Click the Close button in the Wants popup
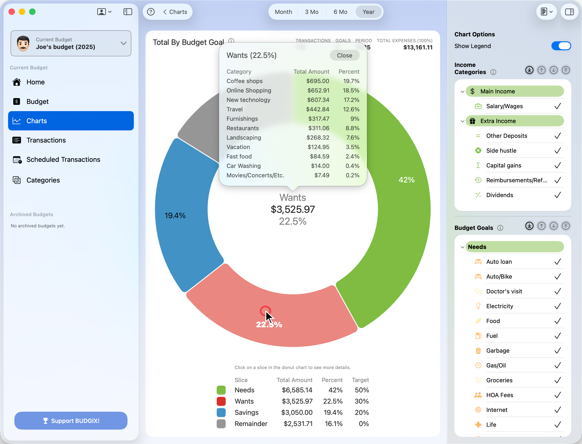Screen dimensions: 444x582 point(344,55)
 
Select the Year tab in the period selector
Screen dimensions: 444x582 point(368,12)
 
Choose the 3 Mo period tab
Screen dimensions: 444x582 point(311,12)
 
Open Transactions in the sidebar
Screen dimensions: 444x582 point(46,140)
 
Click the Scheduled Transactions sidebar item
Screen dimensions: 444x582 point(63,159)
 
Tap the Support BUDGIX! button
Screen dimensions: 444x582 point(71,420)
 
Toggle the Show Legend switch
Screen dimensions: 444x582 point(561,46)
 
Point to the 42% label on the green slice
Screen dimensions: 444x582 point(406,180)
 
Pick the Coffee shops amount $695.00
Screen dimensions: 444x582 point(317,81)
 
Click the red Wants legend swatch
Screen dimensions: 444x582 point(221,401)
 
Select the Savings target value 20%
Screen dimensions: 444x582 point(362,412)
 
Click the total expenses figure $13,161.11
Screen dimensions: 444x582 point(418,48)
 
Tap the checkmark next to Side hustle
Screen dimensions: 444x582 point(558,151)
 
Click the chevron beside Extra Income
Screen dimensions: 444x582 point(462,121)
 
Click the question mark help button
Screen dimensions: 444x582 point(151,12)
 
